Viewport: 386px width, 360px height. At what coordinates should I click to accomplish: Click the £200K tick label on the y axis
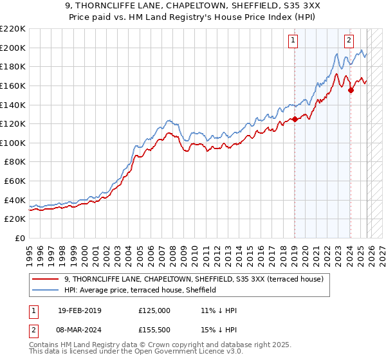pyautogui.click(x=12, y=48)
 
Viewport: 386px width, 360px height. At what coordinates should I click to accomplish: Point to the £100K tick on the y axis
pyautogui.click(x=12, y=143)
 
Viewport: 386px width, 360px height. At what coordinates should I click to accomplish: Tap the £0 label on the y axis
pyautogui.click(x=20, y=239)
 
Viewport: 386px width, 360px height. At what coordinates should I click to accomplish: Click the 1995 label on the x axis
pyautogui.click(x=29, y=251)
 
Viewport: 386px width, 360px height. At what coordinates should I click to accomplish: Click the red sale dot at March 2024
pyautogui.click(x=351, y=90)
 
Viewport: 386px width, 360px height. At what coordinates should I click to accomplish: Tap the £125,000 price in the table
pyautogui.click(x=154, y=310)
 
